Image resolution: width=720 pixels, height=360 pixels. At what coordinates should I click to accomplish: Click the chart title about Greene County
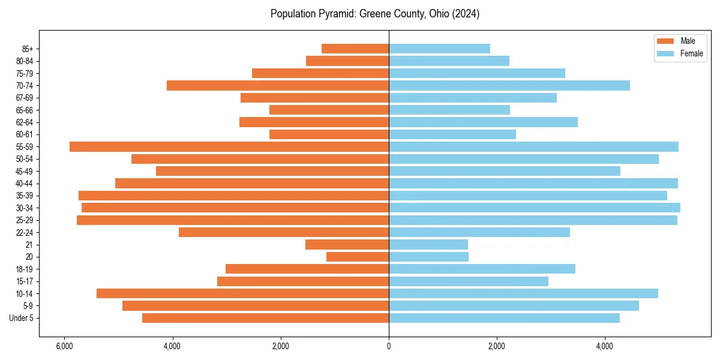pos(374,14)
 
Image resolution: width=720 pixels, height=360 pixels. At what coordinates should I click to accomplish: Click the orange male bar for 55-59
pos(229,146)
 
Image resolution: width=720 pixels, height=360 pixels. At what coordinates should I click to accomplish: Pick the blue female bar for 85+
pos(439,49)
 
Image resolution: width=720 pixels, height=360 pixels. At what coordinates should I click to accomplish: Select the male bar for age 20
pos(358,257)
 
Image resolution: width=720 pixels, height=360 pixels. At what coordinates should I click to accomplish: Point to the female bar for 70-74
pos(509,85)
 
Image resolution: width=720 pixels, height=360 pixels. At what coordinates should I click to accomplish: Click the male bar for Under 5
pos(265,318)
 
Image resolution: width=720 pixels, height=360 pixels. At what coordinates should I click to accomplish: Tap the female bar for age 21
pos(428,244)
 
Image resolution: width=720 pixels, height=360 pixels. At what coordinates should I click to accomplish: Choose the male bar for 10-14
pos(242,293)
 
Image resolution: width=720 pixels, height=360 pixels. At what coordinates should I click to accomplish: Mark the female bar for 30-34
pos(535,208)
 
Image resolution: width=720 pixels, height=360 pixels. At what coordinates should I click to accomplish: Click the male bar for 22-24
pos(284,232)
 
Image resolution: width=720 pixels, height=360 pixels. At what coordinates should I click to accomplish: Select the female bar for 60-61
pos(452,134)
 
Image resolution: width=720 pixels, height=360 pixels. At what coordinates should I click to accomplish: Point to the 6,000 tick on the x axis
pos(64,346)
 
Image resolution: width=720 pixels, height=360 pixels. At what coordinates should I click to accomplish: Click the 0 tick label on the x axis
pos(389,346)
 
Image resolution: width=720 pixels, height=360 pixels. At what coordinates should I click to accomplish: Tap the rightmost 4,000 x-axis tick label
pos(605,346)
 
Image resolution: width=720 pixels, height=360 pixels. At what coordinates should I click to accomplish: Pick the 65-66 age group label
pos(25,110)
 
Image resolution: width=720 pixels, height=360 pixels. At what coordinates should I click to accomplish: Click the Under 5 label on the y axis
pos(22,318)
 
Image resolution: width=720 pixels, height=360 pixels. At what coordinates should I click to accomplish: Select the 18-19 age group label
pos(25,269)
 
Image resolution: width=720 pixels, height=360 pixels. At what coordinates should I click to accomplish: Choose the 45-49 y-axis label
pos(25,171)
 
